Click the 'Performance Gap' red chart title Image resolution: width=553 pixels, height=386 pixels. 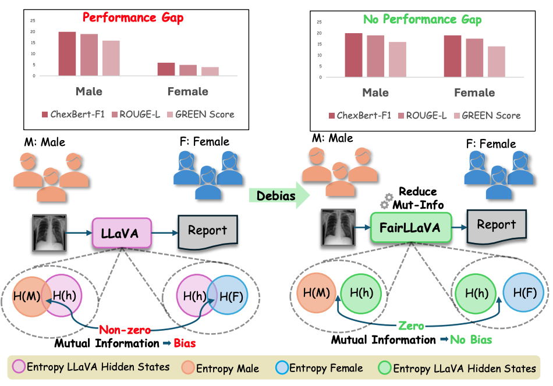[x=133, y=17]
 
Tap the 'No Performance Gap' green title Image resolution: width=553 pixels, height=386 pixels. [x=422, y=19]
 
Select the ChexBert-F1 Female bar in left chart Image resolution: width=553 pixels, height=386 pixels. [x=166, y=69]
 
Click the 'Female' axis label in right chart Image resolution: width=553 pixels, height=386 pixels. [x=474, y=92]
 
